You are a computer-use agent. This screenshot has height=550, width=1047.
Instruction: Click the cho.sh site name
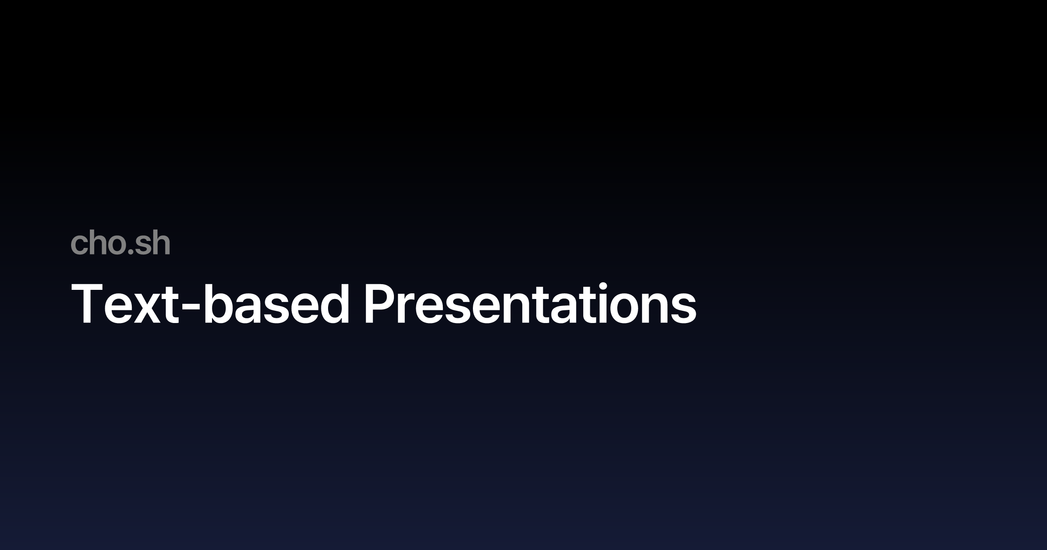click(x=120, y=244)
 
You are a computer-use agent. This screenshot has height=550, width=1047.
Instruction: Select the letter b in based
click(x=218, y=304)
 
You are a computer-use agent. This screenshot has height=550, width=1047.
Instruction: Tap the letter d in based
click(x=334, y=304)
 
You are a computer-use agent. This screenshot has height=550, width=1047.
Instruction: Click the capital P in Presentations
click(x=380, y=304)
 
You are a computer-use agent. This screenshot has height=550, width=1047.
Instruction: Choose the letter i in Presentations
click(x=606, y=304)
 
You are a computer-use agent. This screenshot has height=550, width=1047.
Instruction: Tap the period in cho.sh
click(x=129, y=252)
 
